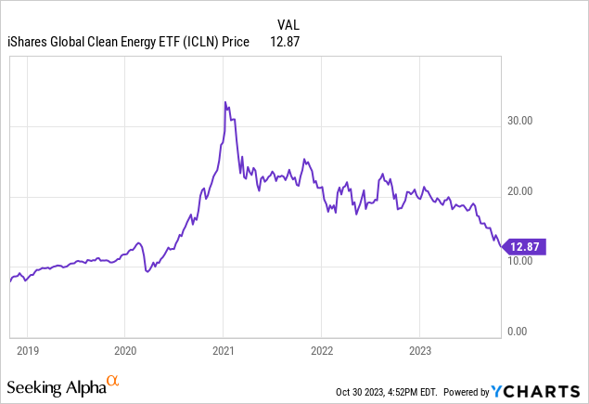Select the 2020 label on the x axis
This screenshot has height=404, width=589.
coord(125,351)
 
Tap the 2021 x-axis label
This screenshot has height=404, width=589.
coord(224,351)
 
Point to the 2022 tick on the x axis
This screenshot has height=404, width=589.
coord(321,351)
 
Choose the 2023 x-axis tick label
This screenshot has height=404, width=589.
coord(419,351)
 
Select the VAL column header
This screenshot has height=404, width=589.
coord(288,23)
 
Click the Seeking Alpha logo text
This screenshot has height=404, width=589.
coord(55,384)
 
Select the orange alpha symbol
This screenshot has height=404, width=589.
coord(113,381)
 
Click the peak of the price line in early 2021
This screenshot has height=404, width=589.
coord(225,102)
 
